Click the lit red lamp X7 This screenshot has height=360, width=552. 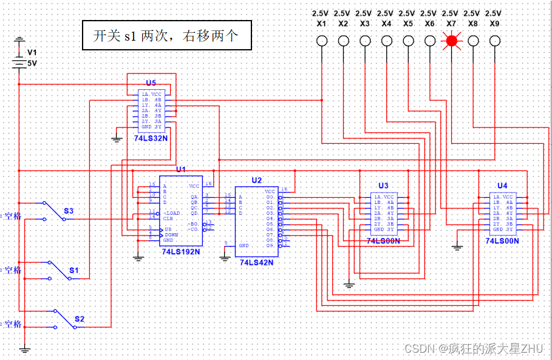(x=451, y=41)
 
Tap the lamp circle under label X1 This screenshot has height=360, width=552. (x=322, y=41)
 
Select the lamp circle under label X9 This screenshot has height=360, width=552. (x=494, y=41)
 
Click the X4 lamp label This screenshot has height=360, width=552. (x=386, y=24)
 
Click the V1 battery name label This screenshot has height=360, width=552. (x=32, y=53)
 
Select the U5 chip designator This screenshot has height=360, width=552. (x=151, y=83)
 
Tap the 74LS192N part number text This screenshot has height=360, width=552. (x=180, y=251)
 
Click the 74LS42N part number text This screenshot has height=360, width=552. (x=257, y=262)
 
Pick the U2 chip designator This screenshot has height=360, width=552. (x=257, y=180)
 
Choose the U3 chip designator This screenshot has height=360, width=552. (x=383, y=185)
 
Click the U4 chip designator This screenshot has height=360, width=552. (x=502, y=185)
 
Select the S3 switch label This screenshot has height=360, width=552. (x=69, y=211)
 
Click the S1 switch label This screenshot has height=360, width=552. (x=73, y=270)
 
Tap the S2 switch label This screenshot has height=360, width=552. (x=80, y=319)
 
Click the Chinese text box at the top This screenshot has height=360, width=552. (x=166, y=36)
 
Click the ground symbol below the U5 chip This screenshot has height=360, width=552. (x=117, y=139)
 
